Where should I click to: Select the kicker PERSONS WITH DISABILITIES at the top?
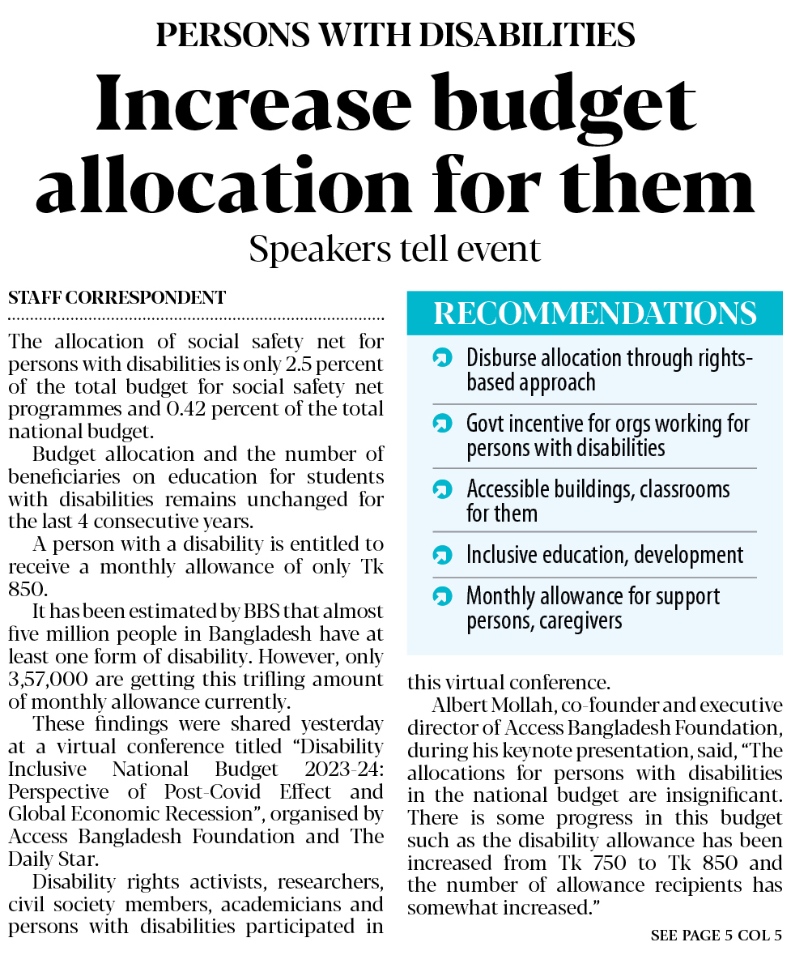coord(395,34)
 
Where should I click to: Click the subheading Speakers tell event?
coord(394,249)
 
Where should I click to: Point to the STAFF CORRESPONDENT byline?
coord(117,298)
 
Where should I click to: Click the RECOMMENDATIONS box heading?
coord(594,313)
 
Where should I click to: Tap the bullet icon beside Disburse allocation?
coord(442,357)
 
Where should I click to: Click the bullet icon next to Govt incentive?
coord(442,424)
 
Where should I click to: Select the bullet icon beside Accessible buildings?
coord(442,489)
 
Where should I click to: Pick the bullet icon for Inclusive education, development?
coord(442,556)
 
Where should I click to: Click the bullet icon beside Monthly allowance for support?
coord(442,597)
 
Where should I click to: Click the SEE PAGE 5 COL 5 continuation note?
coord(716,936)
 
